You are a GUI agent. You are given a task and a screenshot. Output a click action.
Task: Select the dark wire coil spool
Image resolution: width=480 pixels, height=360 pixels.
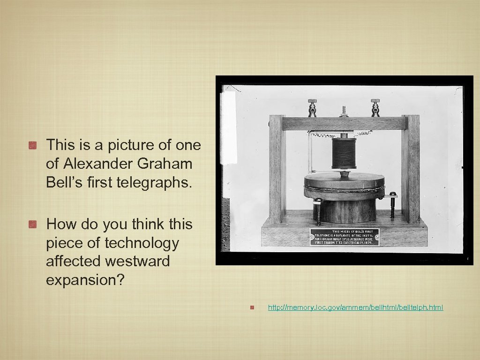tap(345, 153)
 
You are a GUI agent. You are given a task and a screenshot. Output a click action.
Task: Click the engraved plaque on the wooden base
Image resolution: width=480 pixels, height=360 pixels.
tap(345, 237)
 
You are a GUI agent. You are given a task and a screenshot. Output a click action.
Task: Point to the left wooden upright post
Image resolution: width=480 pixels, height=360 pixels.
tap(277, 169)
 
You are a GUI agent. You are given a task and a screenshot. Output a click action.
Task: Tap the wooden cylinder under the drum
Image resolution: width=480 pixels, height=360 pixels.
tap(345, 211)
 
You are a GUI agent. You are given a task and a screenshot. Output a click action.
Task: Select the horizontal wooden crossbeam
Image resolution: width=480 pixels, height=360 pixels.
tap(344, 123)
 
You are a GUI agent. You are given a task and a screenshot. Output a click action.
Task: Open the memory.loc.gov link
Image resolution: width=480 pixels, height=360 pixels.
tap(355, 307)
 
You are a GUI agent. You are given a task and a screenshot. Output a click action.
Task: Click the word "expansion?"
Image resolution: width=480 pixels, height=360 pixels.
tap(85, 280)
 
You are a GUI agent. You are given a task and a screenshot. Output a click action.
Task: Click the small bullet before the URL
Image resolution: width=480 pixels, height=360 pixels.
tap(252, 308)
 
